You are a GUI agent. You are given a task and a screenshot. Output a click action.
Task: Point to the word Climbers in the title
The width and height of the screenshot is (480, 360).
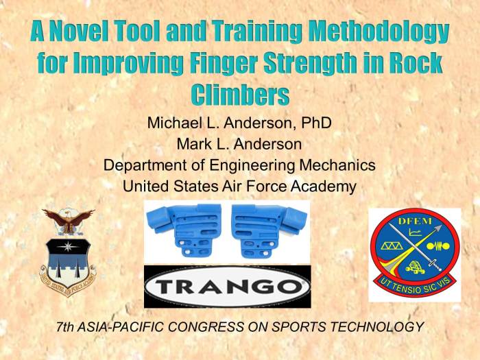tap(239, 95)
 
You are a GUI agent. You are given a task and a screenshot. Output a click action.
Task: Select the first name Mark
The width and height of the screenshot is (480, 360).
tap(194, 145)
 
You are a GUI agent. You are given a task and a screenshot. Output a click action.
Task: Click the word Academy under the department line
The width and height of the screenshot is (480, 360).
tap(326, 185)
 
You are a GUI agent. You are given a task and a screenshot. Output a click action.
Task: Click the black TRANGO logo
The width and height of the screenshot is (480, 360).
tap(227, 286)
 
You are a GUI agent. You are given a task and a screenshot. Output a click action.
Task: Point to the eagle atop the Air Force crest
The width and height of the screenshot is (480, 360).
tap(68, 219)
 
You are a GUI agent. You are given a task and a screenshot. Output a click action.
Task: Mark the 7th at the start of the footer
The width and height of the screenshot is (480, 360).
tap(67, 327)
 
